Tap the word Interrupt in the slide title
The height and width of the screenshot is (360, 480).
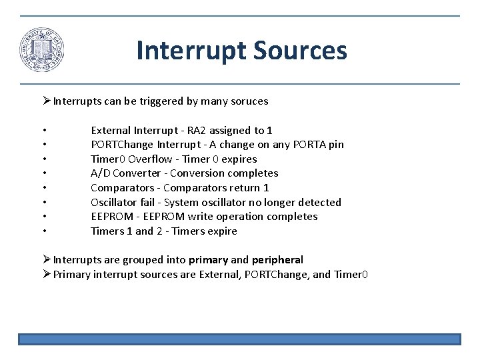[189, 51]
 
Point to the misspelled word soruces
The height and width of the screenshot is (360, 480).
[248, 101]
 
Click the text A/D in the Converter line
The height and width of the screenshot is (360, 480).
[99, 173]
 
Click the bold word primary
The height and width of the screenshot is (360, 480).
[207, 259]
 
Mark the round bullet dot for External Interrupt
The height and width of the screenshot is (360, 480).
[43, 131]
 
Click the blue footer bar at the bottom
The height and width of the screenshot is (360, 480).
[239, 339]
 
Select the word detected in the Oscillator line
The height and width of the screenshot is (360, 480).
[319, 202]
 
